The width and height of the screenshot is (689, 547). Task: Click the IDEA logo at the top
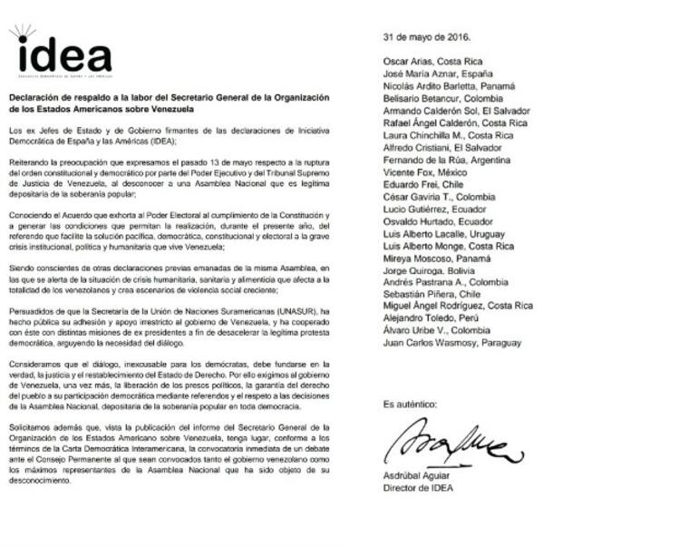[x=62, y=54]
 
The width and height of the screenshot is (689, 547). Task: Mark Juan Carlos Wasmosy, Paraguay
[x=453, y=343]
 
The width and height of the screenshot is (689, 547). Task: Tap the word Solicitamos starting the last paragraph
[x=33, y=425]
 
